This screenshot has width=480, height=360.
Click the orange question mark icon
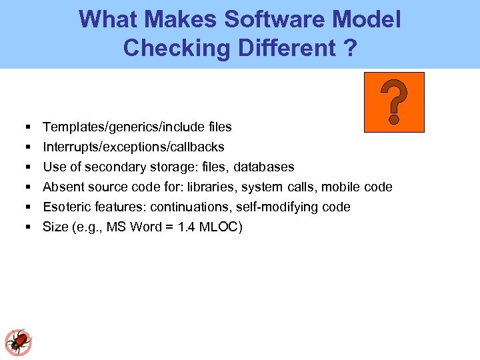[394, 102]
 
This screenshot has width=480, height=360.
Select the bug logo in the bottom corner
[17, 342]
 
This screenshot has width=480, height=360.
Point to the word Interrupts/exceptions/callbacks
[133, 147]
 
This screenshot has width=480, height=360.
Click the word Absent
[64, 187]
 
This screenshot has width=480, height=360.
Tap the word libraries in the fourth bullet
[211, 187]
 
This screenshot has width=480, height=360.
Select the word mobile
[341, 187]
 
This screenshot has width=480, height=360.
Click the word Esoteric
[69, 207]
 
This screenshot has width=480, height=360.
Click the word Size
[55, 227]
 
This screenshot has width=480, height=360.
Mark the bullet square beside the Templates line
[28, 127]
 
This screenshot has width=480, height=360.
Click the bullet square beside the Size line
[28, 227]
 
